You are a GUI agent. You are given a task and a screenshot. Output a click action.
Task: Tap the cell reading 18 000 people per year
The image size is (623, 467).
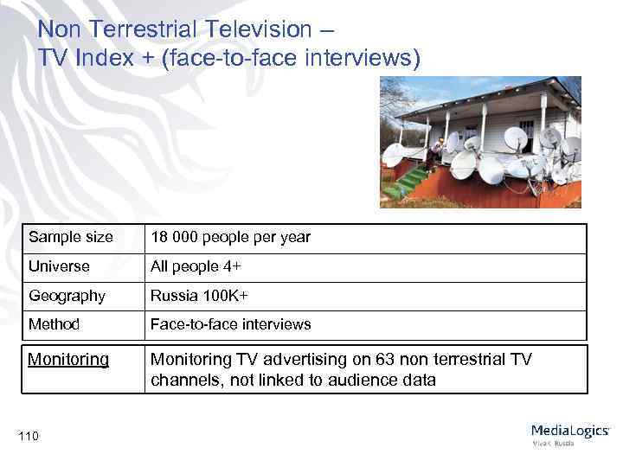pyautogui.click(x=230, y=237)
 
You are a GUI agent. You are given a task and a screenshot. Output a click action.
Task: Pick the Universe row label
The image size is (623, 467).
pyautogui.click(x=59, y=266)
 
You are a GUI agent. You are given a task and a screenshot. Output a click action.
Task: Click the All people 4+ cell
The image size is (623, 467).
pyautogui.click(x=197, y=266)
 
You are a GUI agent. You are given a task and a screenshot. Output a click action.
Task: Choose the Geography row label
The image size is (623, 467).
pyautogui.click(x=67, y=296)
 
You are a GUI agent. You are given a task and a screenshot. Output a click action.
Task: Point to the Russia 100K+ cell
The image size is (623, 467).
pyautogui.click(x=199, y=296)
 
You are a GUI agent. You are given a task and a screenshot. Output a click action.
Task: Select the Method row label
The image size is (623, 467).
pyautogui.click(x=54, y=324)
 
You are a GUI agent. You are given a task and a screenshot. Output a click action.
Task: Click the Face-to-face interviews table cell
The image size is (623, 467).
pyautogui.click(x=230, y=324)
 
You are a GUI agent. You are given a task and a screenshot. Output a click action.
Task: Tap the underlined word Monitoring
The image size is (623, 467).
pyautogui.click(x=68, y=359)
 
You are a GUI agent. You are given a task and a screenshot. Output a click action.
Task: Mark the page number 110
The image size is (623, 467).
pyautogui.click(x=28, y=435)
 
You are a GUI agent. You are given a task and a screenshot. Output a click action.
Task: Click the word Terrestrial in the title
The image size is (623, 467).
pyautogui.click(x=142, y=29)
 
